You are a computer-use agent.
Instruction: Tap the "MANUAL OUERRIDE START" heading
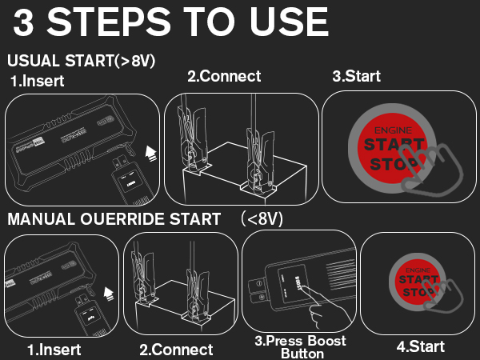(114, 218)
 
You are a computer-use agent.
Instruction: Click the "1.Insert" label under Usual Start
(37, 81)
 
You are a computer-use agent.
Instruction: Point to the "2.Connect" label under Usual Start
(224, 77)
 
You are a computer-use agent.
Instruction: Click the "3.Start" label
(356, 77)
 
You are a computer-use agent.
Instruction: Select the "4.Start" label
(421, 347)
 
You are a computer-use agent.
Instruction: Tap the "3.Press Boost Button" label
(301, 347)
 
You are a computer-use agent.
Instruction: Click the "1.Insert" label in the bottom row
(54, 350)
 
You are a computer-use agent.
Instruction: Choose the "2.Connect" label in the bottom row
(176, 350)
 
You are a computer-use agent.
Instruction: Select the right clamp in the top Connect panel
(258, 148)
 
